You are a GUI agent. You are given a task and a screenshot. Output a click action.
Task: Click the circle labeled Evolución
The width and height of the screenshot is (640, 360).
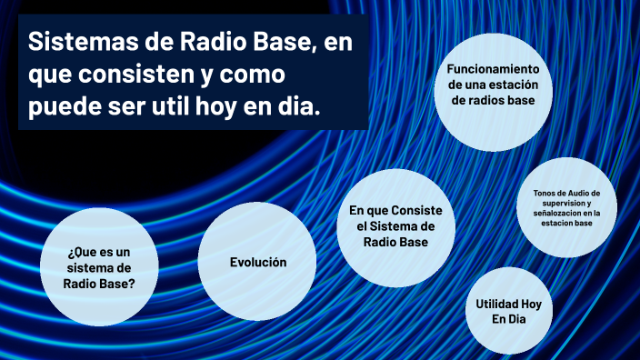point(257,262)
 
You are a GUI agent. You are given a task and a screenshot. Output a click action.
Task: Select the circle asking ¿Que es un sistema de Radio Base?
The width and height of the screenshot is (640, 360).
point(100,266)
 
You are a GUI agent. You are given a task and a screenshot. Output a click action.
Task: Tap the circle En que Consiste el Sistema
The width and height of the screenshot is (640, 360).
point(395,226)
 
